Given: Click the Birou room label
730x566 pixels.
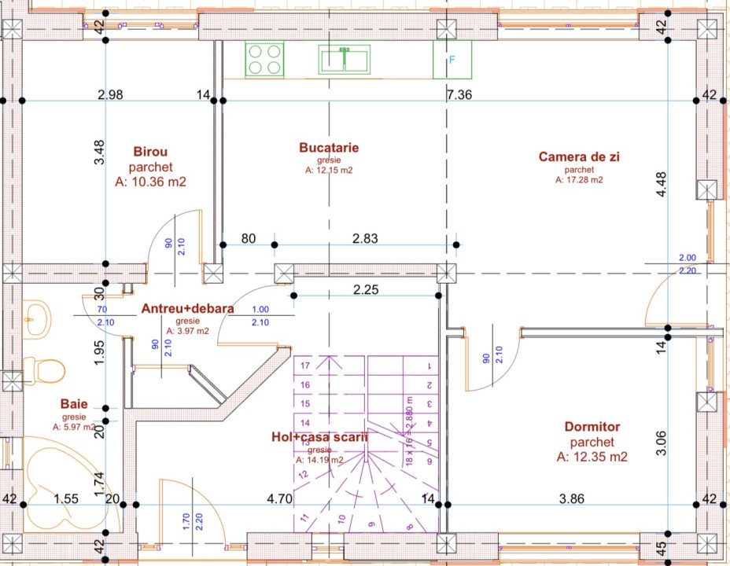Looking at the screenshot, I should click(150, 151).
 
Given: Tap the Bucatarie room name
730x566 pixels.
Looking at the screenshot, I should click(329, 147).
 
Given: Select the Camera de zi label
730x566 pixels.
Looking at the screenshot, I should click(579, 156).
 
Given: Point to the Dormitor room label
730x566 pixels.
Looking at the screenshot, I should click(592, 427).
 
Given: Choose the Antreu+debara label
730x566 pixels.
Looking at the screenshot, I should click(188, 309).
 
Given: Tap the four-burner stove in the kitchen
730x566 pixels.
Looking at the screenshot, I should click(264, 60).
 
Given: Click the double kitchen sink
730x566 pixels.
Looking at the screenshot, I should click(344, 60).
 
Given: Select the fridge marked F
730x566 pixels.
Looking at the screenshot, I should click(452, 60).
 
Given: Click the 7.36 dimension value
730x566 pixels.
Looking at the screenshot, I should click(459, 95).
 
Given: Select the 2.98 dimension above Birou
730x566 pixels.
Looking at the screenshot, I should click(110, 95).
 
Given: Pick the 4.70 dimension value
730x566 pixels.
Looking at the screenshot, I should click(280, 498).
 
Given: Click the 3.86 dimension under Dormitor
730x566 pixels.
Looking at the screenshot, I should click(572, 498).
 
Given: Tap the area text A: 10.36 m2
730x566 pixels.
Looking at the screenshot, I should click(150, 182).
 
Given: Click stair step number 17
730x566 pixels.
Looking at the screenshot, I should click(305, 365).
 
